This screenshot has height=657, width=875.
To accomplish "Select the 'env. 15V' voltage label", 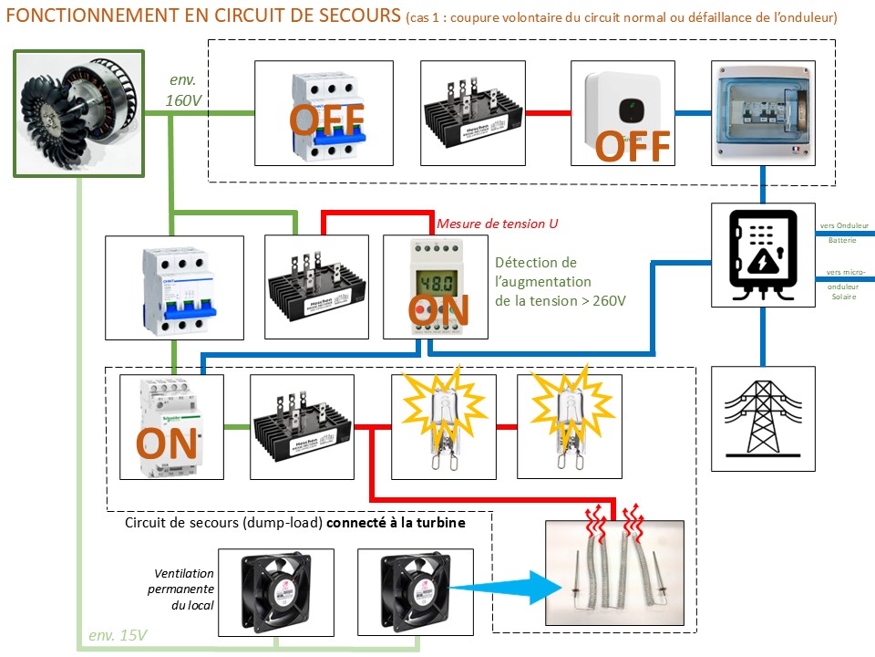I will click(x=118, y=635).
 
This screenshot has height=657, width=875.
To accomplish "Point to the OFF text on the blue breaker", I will click(x=326, y=119).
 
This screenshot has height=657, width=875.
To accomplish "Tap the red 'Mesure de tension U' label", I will click(x=498, y=223).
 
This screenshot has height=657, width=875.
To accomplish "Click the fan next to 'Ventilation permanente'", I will click(x=275, y=591).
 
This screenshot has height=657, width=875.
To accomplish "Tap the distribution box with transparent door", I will click(x=763, y=111).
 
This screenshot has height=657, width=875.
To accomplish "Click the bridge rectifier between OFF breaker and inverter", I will click(x=470, y=113).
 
